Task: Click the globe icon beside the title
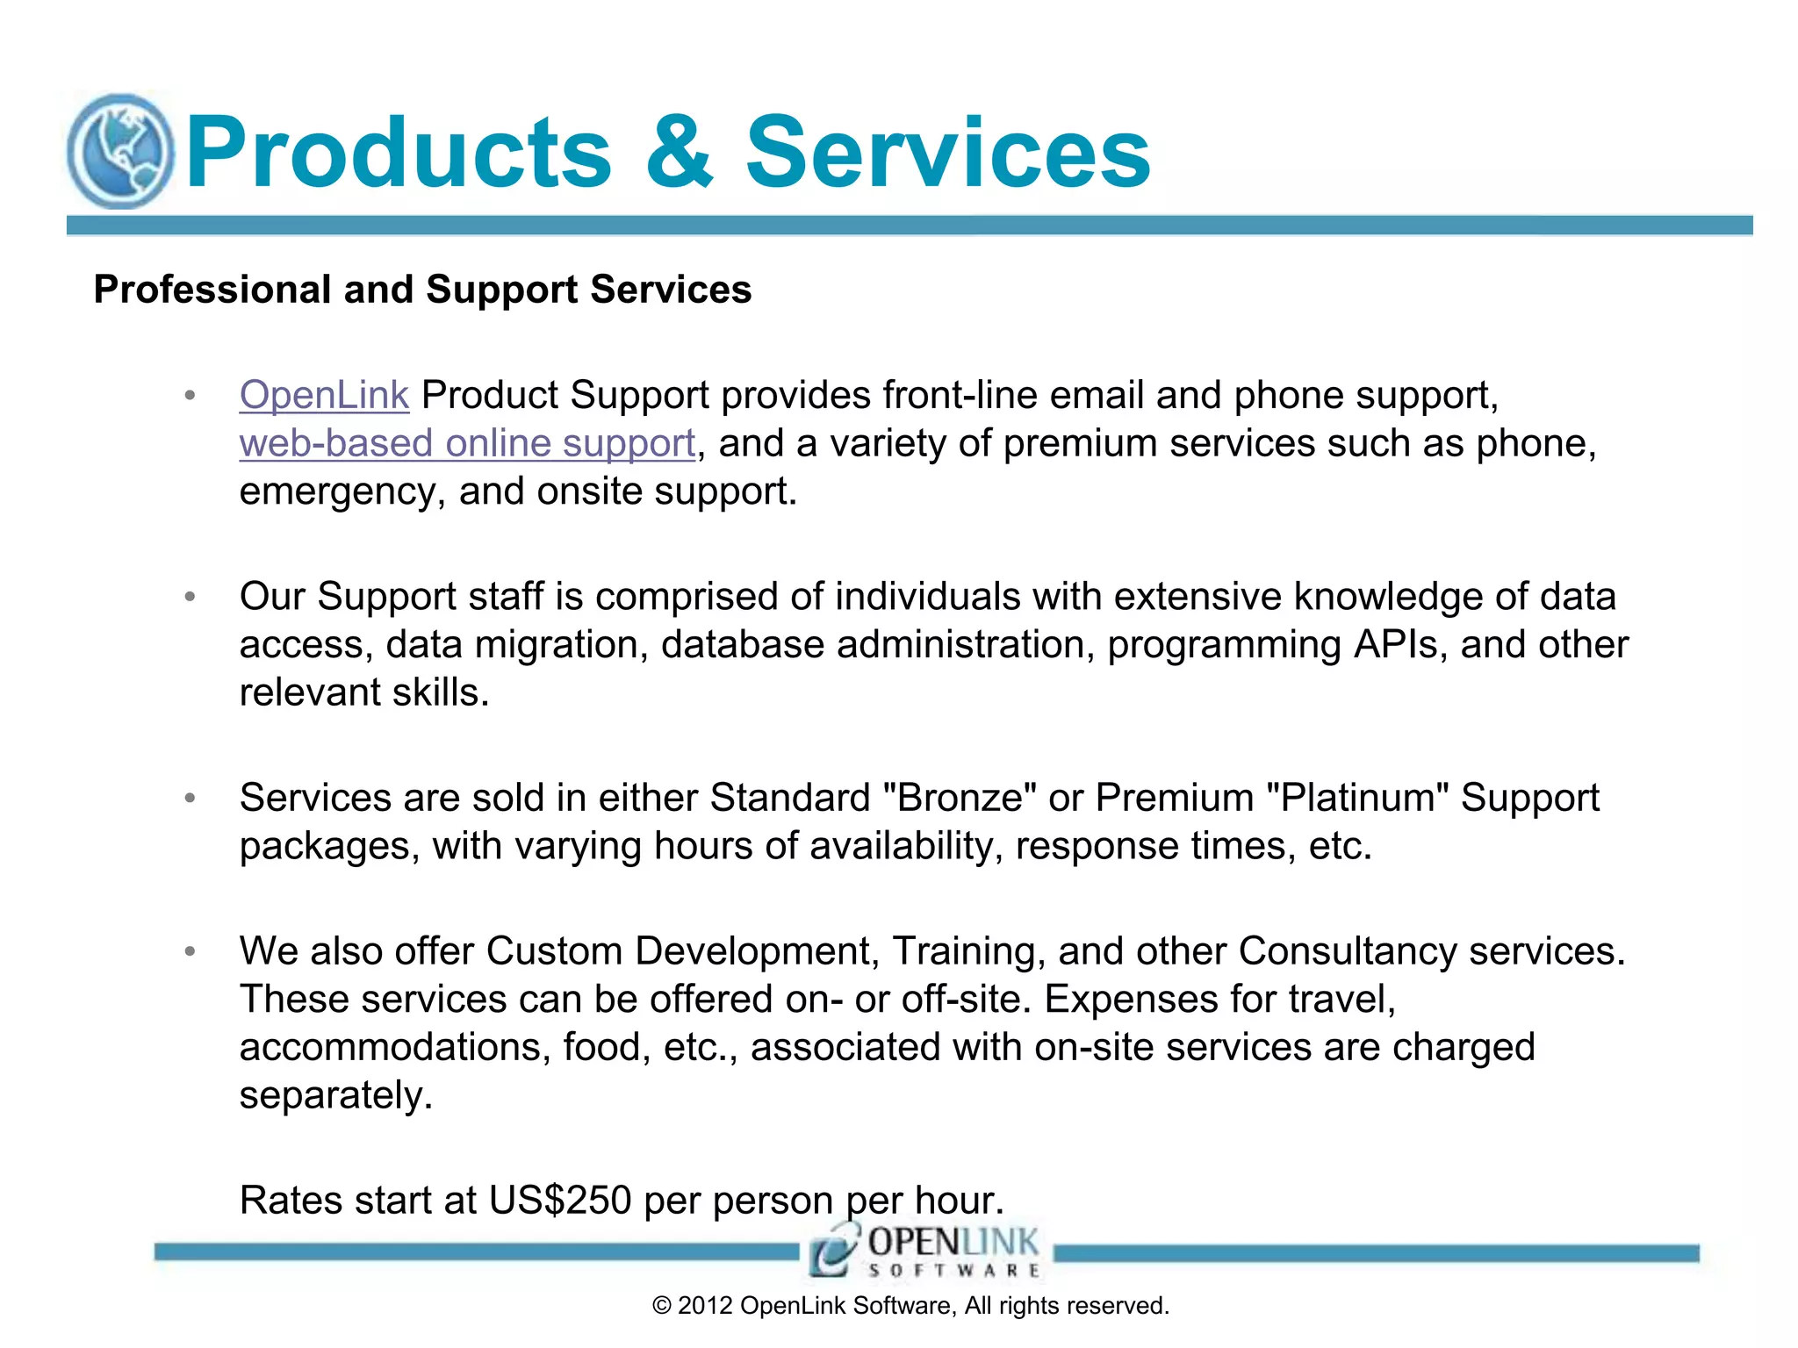click(x=121, y=152)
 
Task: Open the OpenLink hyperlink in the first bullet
click(x=324, y=395)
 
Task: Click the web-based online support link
click(x=467, y=443)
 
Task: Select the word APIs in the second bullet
click(x=1399, y=645)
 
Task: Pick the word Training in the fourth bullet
click(x=968, y=951)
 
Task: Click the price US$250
click(x=560, y=1201)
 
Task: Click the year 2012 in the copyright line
click(x=704, y=1306)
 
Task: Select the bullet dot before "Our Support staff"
click(x=190, y=598)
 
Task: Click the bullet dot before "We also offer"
click(x=190, y=952)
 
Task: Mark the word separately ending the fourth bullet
click(x=335, y=1096)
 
